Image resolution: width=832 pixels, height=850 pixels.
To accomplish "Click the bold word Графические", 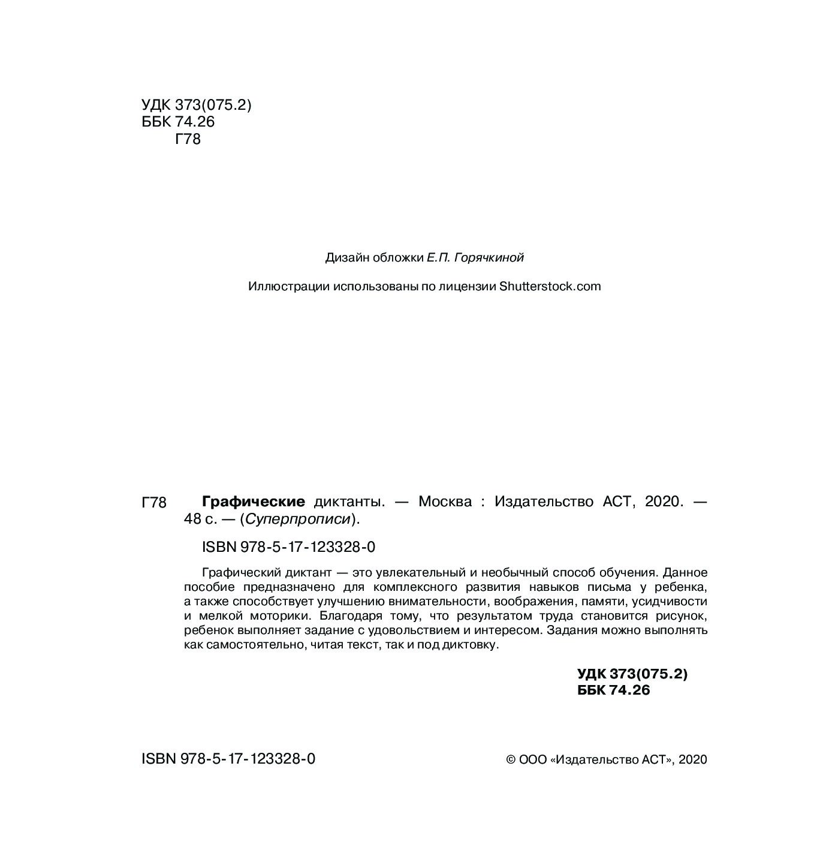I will tap(254, 501).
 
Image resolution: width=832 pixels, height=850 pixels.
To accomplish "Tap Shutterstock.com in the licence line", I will tap(550, 286).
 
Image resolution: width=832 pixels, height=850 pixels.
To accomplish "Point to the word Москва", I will tap(445, 501).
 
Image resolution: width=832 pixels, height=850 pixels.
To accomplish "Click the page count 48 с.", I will tap(201, 519).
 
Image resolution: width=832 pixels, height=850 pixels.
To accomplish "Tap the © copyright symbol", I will tap(511, 759).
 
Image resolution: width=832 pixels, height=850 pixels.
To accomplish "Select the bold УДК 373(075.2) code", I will tap(632, 674).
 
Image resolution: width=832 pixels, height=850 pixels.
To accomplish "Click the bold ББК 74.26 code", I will tap(613, 690).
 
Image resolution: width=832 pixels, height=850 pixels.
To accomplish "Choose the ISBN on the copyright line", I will tap(228, 759).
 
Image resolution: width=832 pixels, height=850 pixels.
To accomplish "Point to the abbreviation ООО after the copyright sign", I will tap(533, 759).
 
